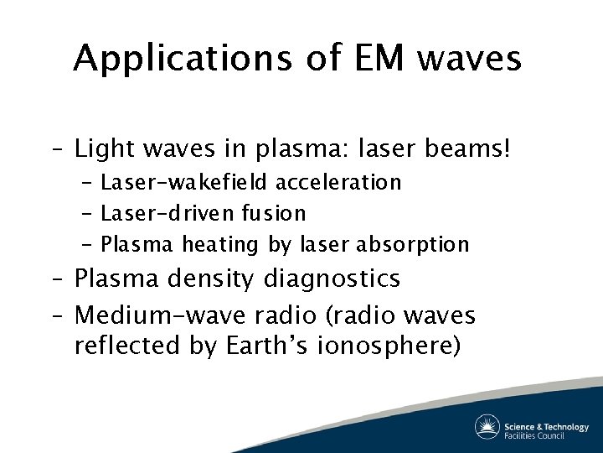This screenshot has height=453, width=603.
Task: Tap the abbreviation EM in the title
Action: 359,59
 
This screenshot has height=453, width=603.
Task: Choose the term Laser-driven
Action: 161,214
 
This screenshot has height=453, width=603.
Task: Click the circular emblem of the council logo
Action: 487,426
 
